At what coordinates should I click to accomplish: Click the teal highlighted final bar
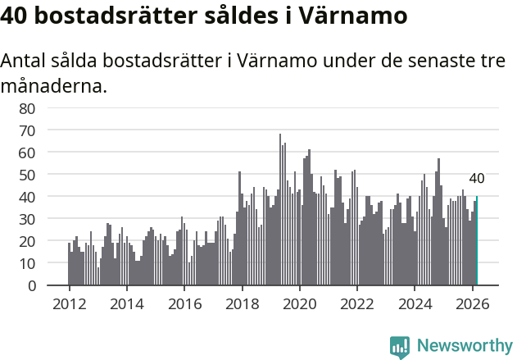pyautogui.click(x=477, y=241)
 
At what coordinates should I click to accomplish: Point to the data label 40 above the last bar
pyautogui.click(x=477, y=179)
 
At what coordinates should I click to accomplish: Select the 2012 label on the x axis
pyautogui.click(x=69, y=303)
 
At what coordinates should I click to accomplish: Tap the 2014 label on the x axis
pyautogui.click(x=126, y=303)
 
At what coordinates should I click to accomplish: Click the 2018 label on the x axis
pyautogui.click(x=242, y=303)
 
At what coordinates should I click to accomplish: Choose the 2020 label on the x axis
pyautogui.click(x=299, y=303)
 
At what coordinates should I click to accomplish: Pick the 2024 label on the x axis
pyautogui.click(x=415, y=303)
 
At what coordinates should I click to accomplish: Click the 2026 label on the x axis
pyautogui.click(x=472, y=303)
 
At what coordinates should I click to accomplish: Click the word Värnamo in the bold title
pyautogui.click(x=356, y=16)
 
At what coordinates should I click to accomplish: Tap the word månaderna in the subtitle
pyautogui.click(x=54, y=85)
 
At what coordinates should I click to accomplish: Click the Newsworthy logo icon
pyautogui.click(x=400, y=346)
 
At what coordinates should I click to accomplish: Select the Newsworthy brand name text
pyautogui.click(x=464, y=346)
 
